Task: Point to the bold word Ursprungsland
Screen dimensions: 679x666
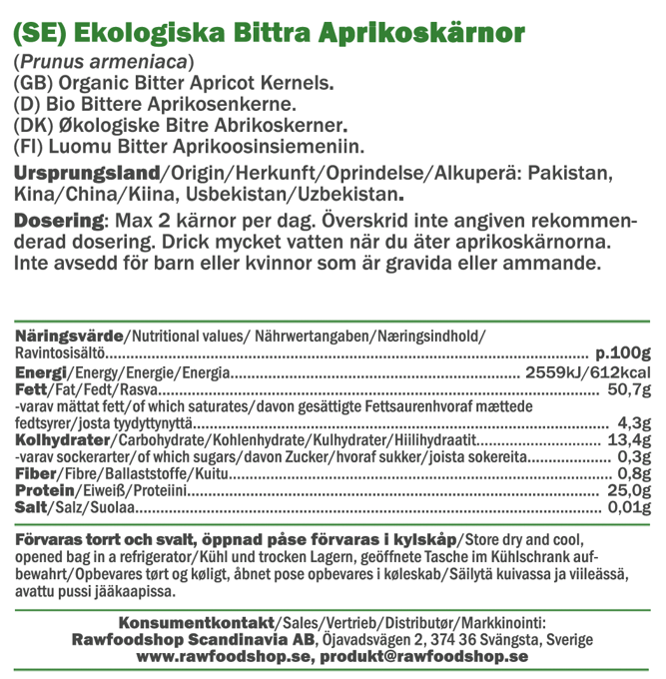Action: [x=86, y=173]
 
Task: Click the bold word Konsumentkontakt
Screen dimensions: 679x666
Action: [x=193, y=622]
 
